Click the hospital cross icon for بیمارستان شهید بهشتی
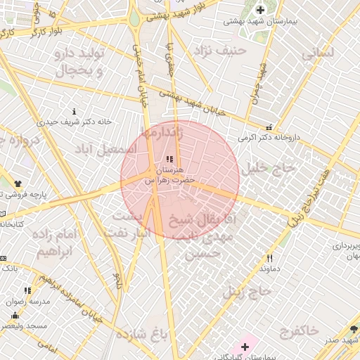(261, 10)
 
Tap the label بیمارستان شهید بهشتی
(261, 21)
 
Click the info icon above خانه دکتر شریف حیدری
(75, 111)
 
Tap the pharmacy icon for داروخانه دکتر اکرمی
(269, 127)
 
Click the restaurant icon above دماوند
(270, 258)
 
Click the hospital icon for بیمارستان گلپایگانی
(245, 347)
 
